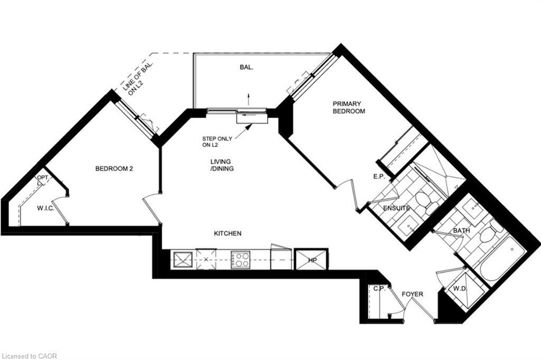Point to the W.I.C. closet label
click(46, 209)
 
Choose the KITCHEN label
click(228, 233)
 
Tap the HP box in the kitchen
click(312, 260)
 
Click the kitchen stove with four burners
click(241, 259)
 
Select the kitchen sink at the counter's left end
click(183, 259)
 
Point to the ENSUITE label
click(396, 209)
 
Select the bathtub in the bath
click(503, 259)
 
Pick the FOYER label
click(412, 294)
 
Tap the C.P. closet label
click(378, 289)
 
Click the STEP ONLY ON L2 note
click(217, 141)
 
